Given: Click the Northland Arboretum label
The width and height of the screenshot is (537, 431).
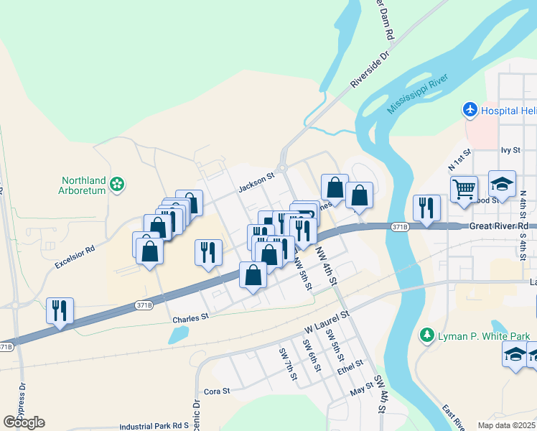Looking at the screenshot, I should (83, 185).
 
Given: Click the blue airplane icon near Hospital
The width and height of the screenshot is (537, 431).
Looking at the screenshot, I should (470, 111).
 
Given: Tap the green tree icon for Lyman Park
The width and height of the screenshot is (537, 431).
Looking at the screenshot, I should (426, 335).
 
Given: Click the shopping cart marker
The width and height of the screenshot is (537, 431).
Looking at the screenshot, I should (464, 190).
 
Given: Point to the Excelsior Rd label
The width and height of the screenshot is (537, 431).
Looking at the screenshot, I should (75, 259).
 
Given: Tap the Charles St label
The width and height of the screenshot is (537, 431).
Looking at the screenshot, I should (190, 317).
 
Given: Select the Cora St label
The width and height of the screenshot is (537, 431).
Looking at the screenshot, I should (216, 391).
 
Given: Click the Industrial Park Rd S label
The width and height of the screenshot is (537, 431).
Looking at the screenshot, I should (154, 426).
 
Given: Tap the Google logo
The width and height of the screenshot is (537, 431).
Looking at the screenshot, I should (24, 422).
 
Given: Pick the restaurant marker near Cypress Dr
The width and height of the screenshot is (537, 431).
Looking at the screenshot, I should (60, 310).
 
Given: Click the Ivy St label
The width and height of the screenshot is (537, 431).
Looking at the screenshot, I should (510, 150).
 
